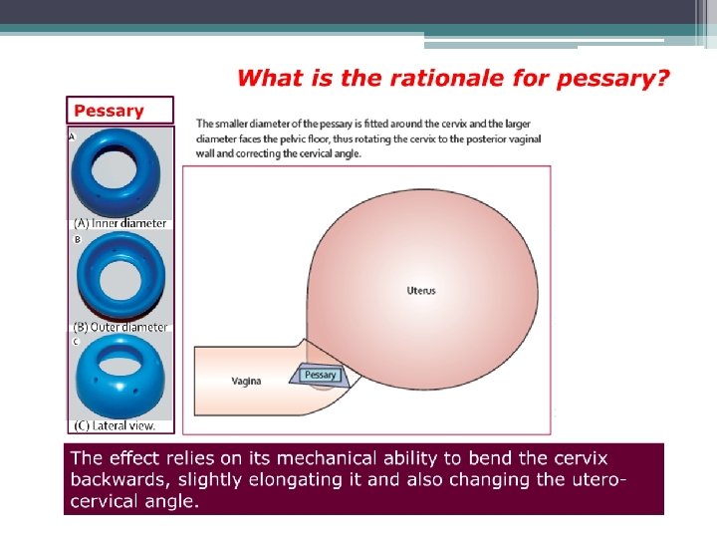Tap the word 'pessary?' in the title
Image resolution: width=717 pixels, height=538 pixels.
(x=612, y=79)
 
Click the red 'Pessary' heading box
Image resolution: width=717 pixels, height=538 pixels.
(x=119, y=111)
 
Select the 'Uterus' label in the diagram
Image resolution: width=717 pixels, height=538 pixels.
(x=421, y=291)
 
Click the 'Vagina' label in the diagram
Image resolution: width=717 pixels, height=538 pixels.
(x=246, y=381)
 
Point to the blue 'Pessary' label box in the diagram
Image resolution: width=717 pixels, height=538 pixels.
(x=320, y=376)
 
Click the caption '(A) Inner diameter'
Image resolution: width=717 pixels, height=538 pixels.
(x=119, y=223)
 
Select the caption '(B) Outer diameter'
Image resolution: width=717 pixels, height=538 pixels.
(x=120, y=327)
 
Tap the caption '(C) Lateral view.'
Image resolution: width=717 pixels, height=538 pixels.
(x=115, y=425)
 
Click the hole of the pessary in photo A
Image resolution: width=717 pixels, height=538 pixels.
(x=114, y=168)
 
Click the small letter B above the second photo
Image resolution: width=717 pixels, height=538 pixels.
(x=78, y=239)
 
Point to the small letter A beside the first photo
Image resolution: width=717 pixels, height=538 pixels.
(x=72, y=136)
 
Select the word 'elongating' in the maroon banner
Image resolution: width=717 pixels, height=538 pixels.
(x=305, y=480)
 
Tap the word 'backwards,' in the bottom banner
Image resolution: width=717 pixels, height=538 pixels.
(x=120, y=479)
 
